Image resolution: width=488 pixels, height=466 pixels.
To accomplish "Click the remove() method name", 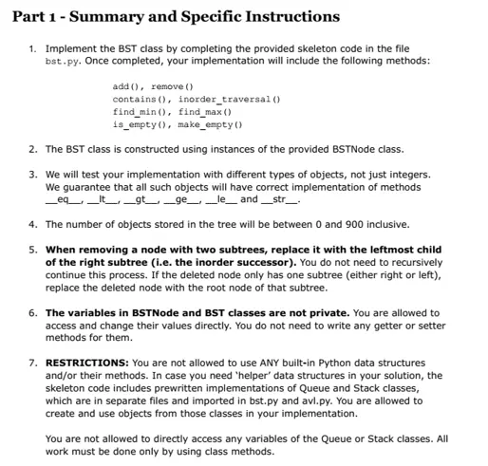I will pos(172,86).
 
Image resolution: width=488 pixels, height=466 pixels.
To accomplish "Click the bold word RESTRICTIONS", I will pos(88,363).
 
